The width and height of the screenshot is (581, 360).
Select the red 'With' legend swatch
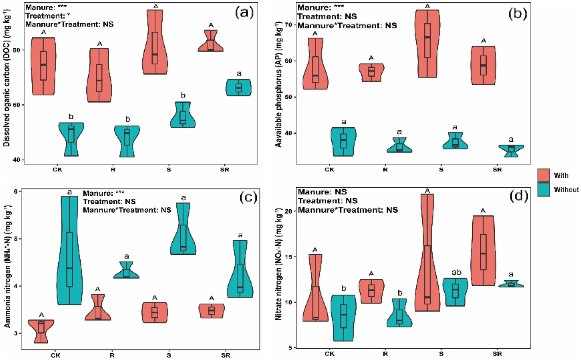[544, 175]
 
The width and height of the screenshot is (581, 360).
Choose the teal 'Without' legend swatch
[544, 190]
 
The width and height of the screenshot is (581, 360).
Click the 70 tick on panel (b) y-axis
[289, 25]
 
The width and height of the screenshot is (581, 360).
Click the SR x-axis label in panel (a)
[224, 170]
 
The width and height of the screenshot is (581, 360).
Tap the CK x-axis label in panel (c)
[55, 355]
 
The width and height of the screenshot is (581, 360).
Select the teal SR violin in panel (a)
[238, 88]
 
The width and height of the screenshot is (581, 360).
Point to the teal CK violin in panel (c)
[69, 250]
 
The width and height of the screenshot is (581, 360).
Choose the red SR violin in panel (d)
[483, 250]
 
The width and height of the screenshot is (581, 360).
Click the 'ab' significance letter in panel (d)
[456, 273]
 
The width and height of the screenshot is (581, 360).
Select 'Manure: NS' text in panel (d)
[322, 192]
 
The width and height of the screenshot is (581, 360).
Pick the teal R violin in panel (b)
[399, 146]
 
